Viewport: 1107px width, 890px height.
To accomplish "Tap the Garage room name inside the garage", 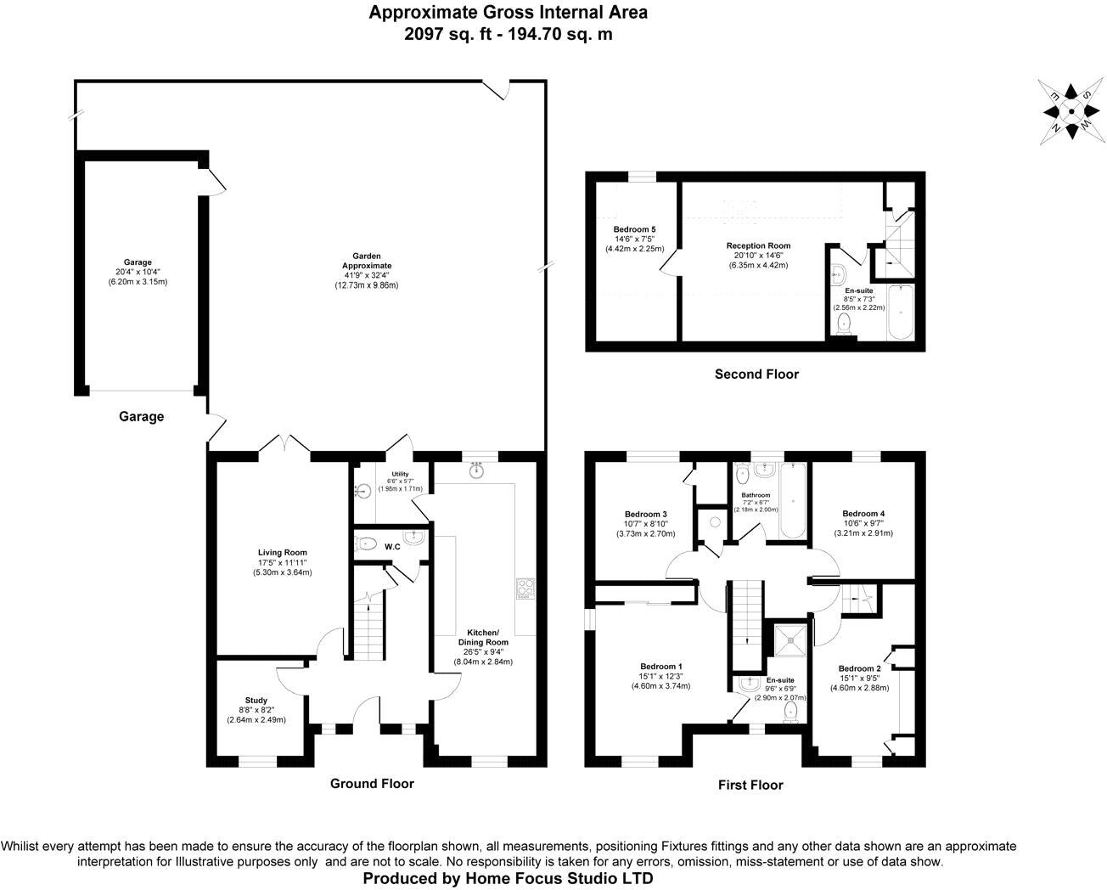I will (137, 262).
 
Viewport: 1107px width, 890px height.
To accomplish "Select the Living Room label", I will (282, 553).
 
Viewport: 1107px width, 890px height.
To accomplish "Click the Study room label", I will (256, 701).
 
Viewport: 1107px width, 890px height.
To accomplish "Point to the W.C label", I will (392, 547).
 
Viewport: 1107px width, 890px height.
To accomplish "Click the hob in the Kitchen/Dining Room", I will (524, 588).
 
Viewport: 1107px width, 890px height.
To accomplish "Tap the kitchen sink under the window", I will (477, 470).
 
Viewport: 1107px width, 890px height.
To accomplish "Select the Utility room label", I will (400, 475).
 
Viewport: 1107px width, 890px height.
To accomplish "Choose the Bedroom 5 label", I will (634, 229).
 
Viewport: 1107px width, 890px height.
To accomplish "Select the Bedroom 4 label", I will (863, 514).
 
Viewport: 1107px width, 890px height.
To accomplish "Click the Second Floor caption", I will (756, 374).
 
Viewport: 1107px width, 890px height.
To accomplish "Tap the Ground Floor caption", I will (372, 783).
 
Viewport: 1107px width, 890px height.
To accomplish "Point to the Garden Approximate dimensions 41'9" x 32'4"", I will (366, 275).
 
